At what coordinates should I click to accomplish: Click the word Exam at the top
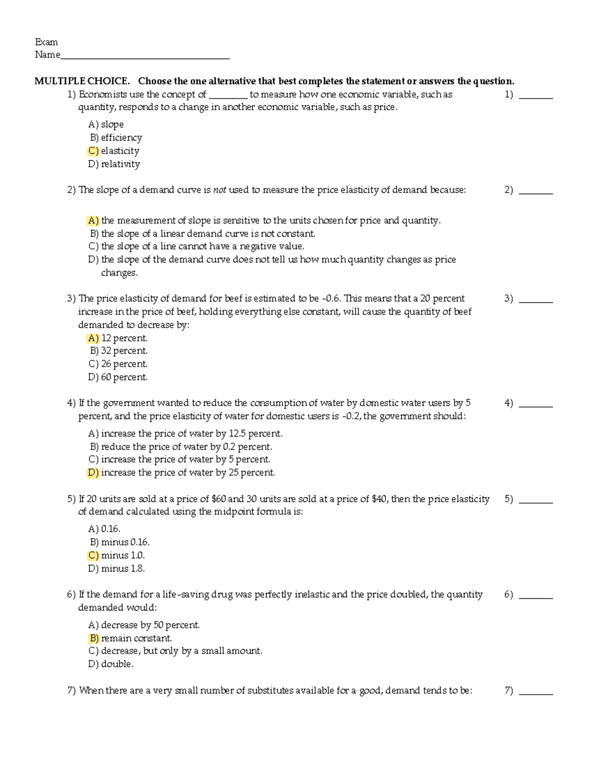coord(46,42)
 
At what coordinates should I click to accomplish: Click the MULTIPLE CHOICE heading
coord(82,81)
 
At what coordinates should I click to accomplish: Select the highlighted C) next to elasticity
coord(93,151)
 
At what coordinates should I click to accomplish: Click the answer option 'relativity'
coord(120,164)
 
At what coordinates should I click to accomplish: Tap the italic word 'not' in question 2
coord(220,190)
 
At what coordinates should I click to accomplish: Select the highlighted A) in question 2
coord(93,220)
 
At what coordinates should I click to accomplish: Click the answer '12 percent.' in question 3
coord(124,338)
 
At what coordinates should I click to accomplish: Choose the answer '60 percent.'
coord(124,377)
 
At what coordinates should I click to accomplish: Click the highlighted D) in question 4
coord(93,473)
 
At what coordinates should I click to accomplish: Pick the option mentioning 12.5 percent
coord(191,434)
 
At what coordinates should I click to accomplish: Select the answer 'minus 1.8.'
coord(122,568)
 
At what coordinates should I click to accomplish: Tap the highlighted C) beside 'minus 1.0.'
coord(93,555)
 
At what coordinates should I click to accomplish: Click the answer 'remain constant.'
coord(136,638)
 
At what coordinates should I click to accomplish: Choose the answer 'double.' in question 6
coord(117,664)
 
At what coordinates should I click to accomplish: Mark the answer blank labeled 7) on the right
coord(536,692)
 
